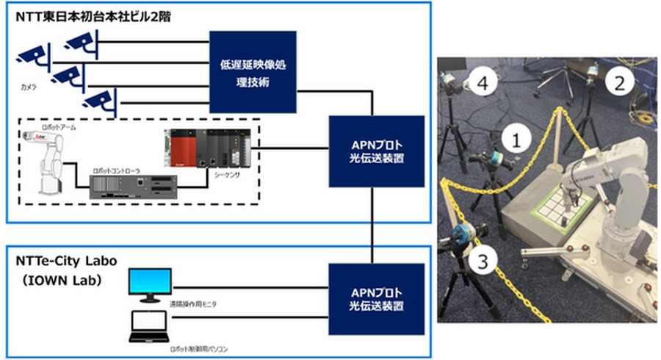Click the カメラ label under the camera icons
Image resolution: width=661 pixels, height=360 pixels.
coord(29,87)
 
